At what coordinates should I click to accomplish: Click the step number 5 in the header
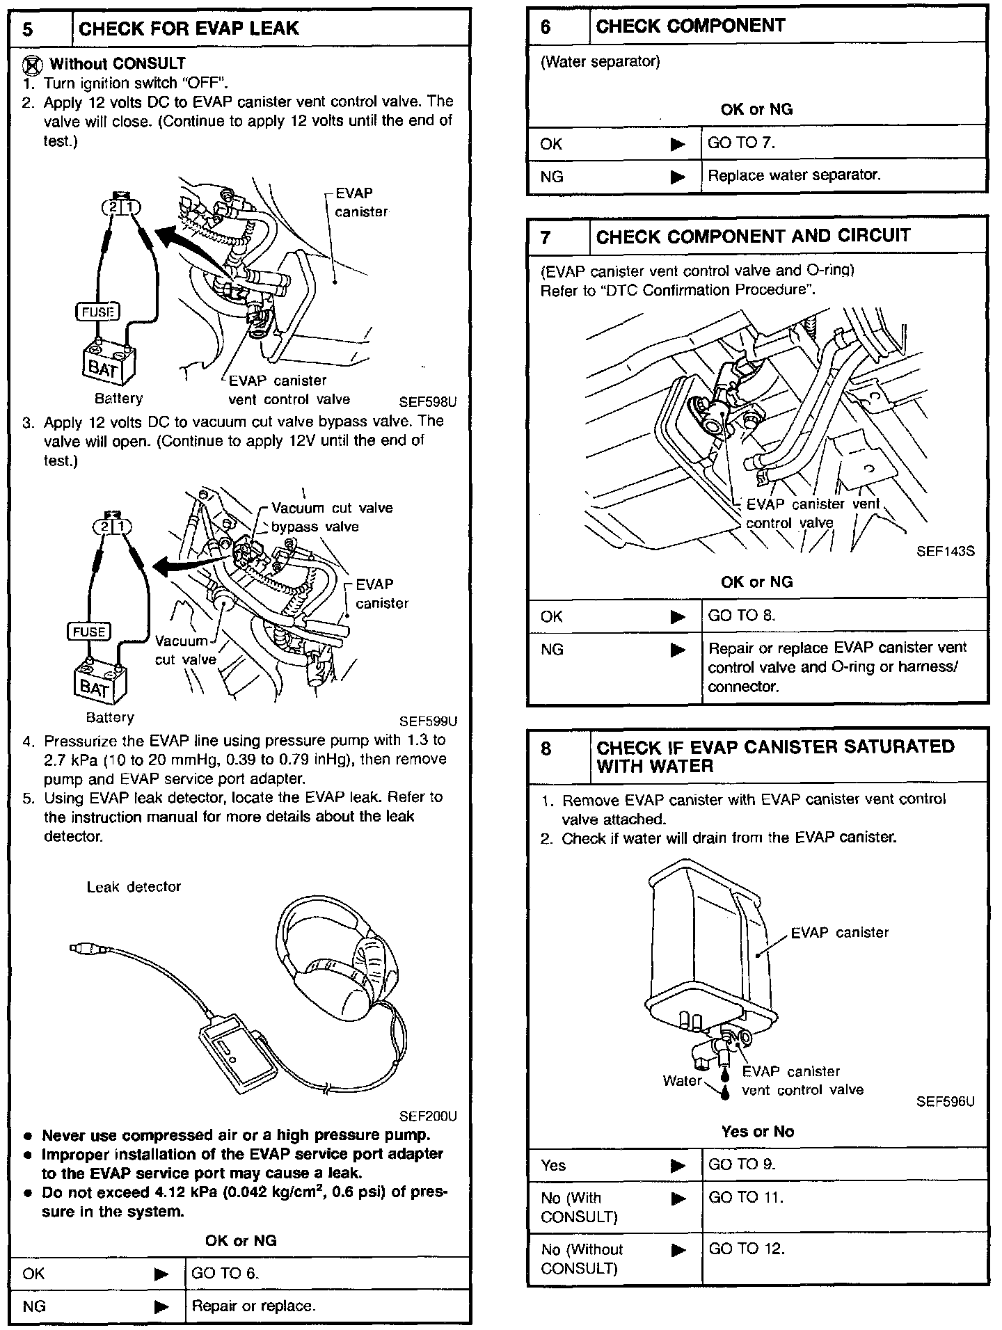pos(28,29)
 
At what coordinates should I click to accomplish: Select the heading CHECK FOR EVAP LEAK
pos(189,29)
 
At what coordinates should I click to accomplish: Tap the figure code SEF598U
pos(427,402)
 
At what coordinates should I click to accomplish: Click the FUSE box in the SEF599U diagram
pos(88,632)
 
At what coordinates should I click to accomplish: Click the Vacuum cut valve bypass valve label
pos(323,518)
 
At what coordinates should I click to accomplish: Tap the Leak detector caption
pos(134,887)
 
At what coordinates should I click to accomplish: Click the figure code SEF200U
pos(427,1116)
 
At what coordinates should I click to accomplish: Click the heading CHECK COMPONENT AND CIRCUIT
pos(753,237)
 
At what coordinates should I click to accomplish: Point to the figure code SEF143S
pos(945,551)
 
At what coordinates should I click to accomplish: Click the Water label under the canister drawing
pos(682,1080)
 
